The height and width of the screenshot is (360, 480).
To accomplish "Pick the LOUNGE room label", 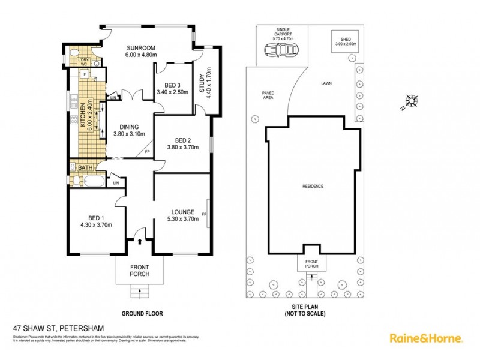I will [182, 212].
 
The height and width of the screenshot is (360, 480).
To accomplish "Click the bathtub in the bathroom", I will [94, 181].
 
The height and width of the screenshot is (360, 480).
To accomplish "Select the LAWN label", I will [326, 83].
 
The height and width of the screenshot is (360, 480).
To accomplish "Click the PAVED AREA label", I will [268, 96].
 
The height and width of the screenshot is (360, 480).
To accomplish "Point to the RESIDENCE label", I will [313, 186].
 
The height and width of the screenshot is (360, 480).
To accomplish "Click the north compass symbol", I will [412, 101].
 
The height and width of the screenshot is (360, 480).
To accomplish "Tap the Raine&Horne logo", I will [426, 338].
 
